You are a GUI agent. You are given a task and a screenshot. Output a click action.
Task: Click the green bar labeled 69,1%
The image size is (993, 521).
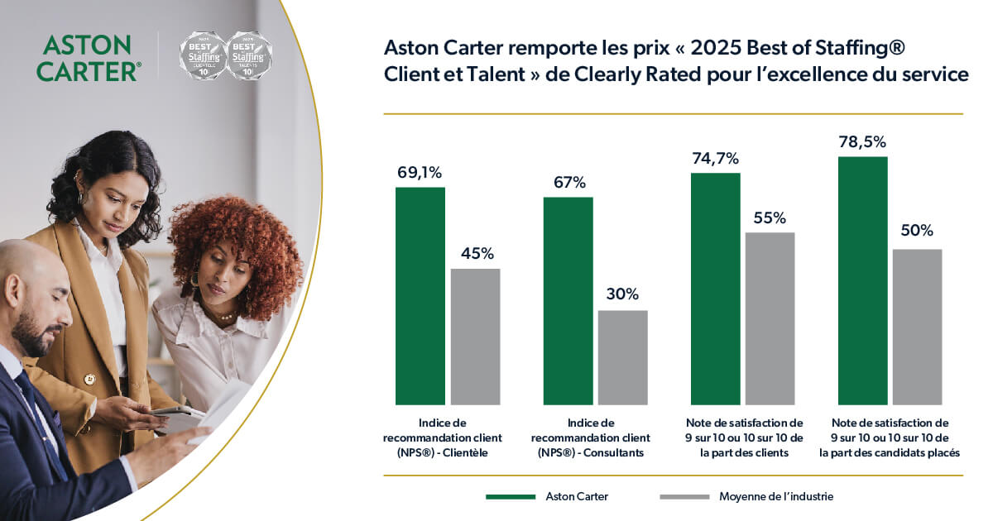pyautogui.click(x=420, y=295)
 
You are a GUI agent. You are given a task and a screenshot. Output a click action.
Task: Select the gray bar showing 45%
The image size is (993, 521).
pyautogui.click(x=475, y=336)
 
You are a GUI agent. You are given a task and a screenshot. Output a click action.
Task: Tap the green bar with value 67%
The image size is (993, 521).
pyautogui.click(x=568, y=300)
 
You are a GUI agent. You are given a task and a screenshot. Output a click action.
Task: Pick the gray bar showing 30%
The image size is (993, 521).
pyautogui.click(x=622, y=356)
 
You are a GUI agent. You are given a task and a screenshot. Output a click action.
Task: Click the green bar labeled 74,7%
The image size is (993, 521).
pyautogui.click(x=715, y=288)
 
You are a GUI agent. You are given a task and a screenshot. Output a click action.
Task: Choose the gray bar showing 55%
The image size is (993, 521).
pyautogui.click(x=770, y=318)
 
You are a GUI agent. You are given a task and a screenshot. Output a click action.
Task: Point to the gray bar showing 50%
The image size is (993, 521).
pyautogui.click(x=917, y=326)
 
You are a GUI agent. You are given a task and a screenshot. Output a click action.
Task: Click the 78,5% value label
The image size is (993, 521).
pyautogui.click(x=862, y=142)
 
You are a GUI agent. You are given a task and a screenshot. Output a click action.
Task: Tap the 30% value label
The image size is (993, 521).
pyautogui.click(x=622, y=294)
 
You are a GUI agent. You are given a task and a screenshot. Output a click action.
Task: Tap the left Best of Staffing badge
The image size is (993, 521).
pyautogui.click(x=203, y=56)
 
